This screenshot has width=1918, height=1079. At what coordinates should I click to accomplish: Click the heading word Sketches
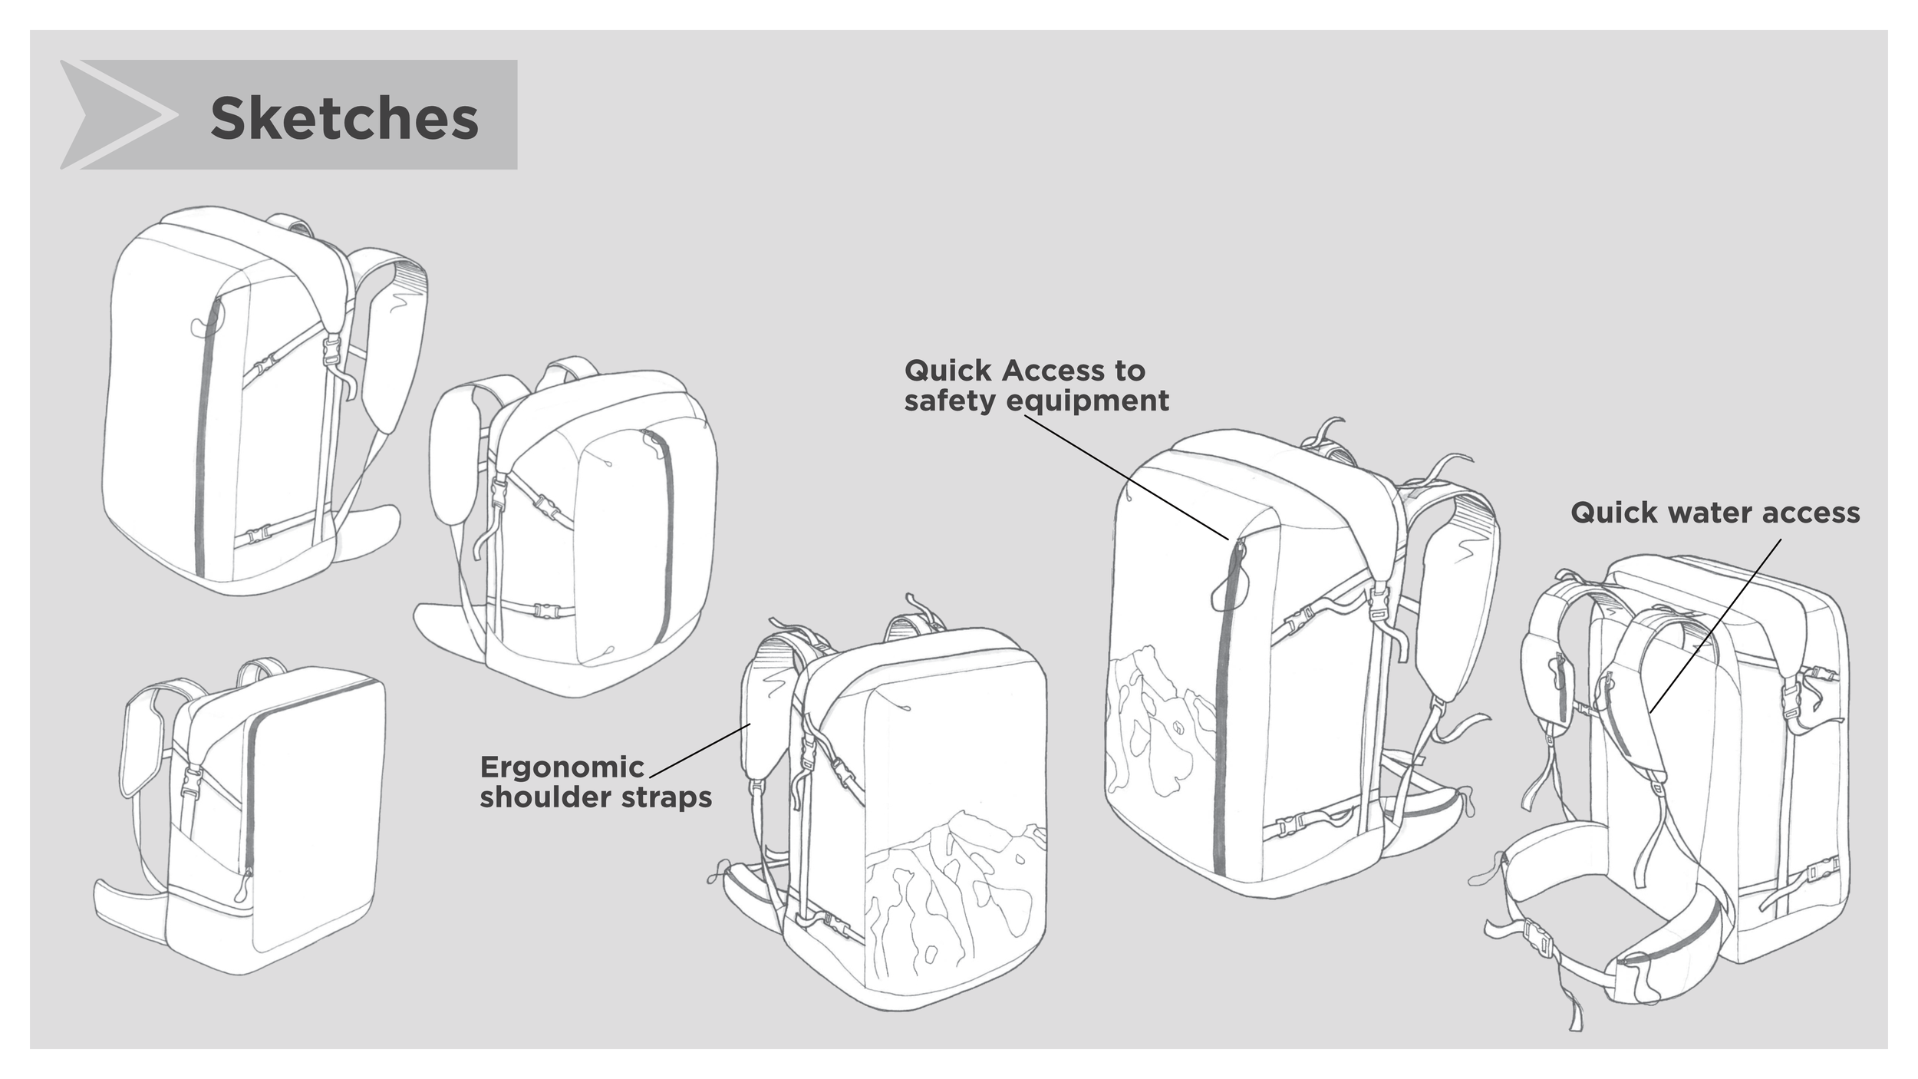coord(344,119)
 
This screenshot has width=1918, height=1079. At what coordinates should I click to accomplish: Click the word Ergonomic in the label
coord(562,767)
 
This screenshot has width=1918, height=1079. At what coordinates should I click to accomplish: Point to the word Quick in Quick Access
coord(948,371)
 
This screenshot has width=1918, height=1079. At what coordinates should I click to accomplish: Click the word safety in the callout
coord(949,401)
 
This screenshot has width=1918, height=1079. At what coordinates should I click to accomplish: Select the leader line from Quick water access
coord(1715,625)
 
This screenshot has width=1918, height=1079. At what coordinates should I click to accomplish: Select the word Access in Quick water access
coord(1818,513)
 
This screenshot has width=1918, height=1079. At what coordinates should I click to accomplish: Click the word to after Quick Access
coord(1130,371)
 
